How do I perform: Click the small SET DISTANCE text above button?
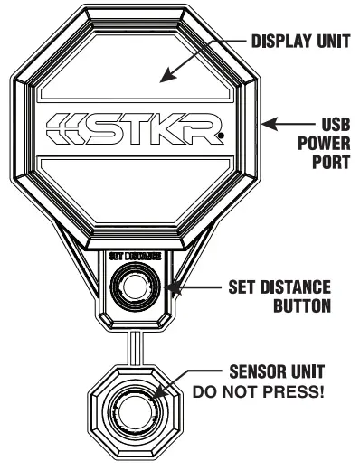tap(135, 257)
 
